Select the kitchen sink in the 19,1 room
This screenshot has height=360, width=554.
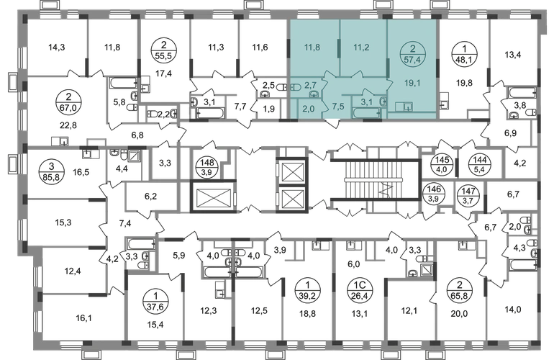408,108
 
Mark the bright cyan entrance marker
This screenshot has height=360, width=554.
332,120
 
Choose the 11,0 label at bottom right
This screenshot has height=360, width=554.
512,310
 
